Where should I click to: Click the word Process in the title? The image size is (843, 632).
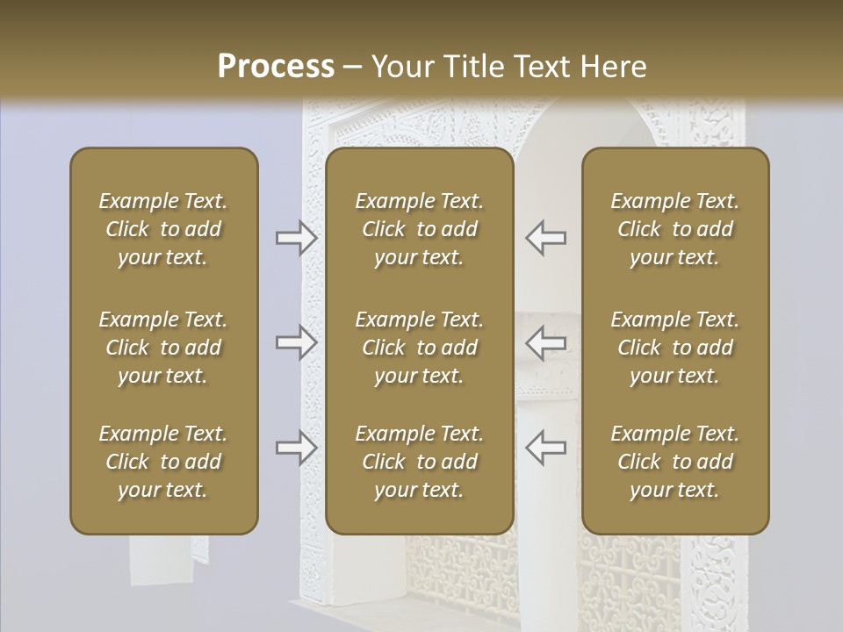click(x=276, y=67)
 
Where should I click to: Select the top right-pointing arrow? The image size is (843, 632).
click(x=297, y=238)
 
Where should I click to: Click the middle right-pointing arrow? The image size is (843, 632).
click(x=297, y=342)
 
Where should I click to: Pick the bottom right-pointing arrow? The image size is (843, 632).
click(x=297, y=448)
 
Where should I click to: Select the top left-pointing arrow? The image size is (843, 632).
click(x=545, y=238)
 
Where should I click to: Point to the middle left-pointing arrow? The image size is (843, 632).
click(x=545, y=342)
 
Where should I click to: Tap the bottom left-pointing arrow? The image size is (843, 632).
click(x=545, y=447)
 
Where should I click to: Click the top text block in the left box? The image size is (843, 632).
click(x=163, y=229)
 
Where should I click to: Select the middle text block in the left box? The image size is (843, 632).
click(x=163, y=348)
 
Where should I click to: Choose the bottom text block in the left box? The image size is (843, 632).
click(x=163, y=462)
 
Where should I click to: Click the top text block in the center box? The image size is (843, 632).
click(x=420, y=229)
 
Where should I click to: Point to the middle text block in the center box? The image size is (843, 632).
click(x=420, y=348)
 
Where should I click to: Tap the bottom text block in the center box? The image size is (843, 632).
click(x=420, y=462)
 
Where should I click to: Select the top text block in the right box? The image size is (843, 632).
click(x=675, y=229)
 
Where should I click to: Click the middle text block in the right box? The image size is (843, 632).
click(x=675, y=348)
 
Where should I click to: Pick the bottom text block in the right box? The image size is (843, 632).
click(x=675, y=462)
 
